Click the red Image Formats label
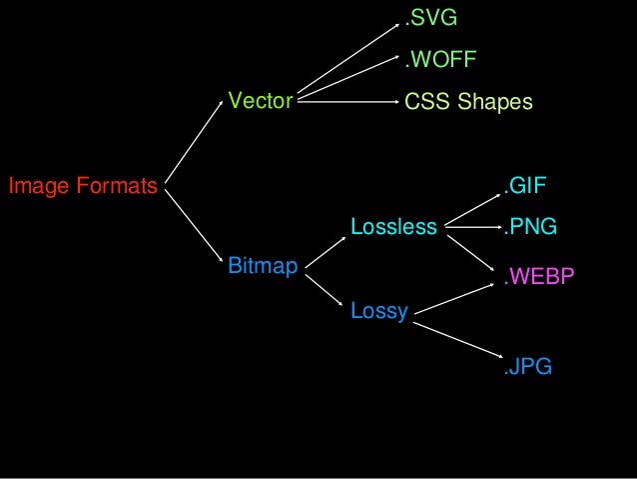pyautogui.click(x=83, y=185)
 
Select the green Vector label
pyautogui.click(x=260, y=100)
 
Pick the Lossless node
pyautogui.click(x=393, y=227)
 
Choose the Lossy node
pyautogui.click(x=379, y=312)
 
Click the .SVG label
pyautogui.click(x=429, y=16)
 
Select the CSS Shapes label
pyautogui.click(x=468, y=102)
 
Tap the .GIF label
pyautogui.click(x=525, y=186)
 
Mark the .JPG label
pyautogui.click(x=527, y=367)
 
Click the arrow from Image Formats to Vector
pyautogui.click(x=192, y=141)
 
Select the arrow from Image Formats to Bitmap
pyautogui.click(x=192, y=222)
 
